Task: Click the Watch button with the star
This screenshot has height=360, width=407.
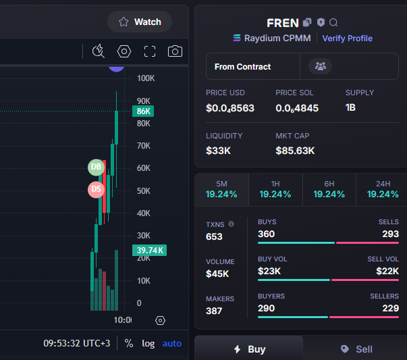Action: (x=140, y=22)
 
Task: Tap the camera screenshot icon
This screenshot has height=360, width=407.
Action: (x=175, y=51)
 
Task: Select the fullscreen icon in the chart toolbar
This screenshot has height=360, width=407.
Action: (x=150, y=51)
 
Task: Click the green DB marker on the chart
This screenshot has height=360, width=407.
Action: (x=96, y=168)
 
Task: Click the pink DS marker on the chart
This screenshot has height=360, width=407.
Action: (x=96, y=189)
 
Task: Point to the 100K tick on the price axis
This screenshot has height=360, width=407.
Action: (x=146, y=78)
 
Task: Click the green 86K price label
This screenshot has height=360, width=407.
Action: (x=143, y=111)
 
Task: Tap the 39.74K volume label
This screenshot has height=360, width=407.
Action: (x=150, y=250)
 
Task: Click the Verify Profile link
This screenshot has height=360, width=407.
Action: (x=348, y=38)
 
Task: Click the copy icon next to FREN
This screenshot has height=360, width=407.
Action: (x=307, y=22)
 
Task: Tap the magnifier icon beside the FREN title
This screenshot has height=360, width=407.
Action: (x=333, y=22)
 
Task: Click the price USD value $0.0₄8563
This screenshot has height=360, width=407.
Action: (x=230, y=108)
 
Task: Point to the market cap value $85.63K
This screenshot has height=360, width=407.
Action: (x=295, y=151)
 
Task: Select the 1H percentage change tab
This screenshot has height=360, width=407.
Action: (x=275, y=190)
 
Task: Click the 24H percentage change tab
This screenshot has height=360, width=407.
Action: (x=383, y=190)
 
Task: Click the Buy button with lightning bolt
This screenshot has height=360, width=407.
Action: (x=248, y=348)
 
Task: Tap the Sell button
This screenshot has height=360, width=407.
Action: (x=356, y=349)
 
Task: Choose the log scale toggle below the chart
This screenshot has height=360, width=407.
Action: (x=148, y=344)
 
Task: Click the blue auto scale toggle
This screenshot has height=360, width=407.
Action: (x=172, y=344)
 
